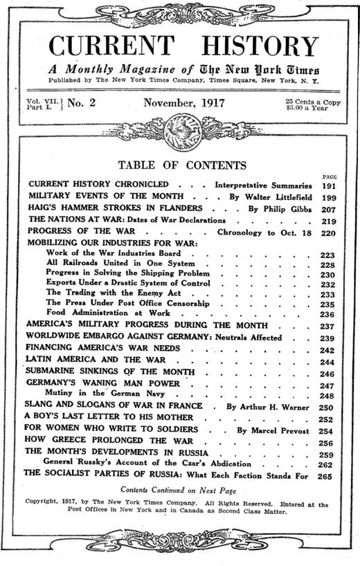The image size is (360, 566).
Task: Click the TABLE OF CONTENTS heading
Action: (x=182, y=165)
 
